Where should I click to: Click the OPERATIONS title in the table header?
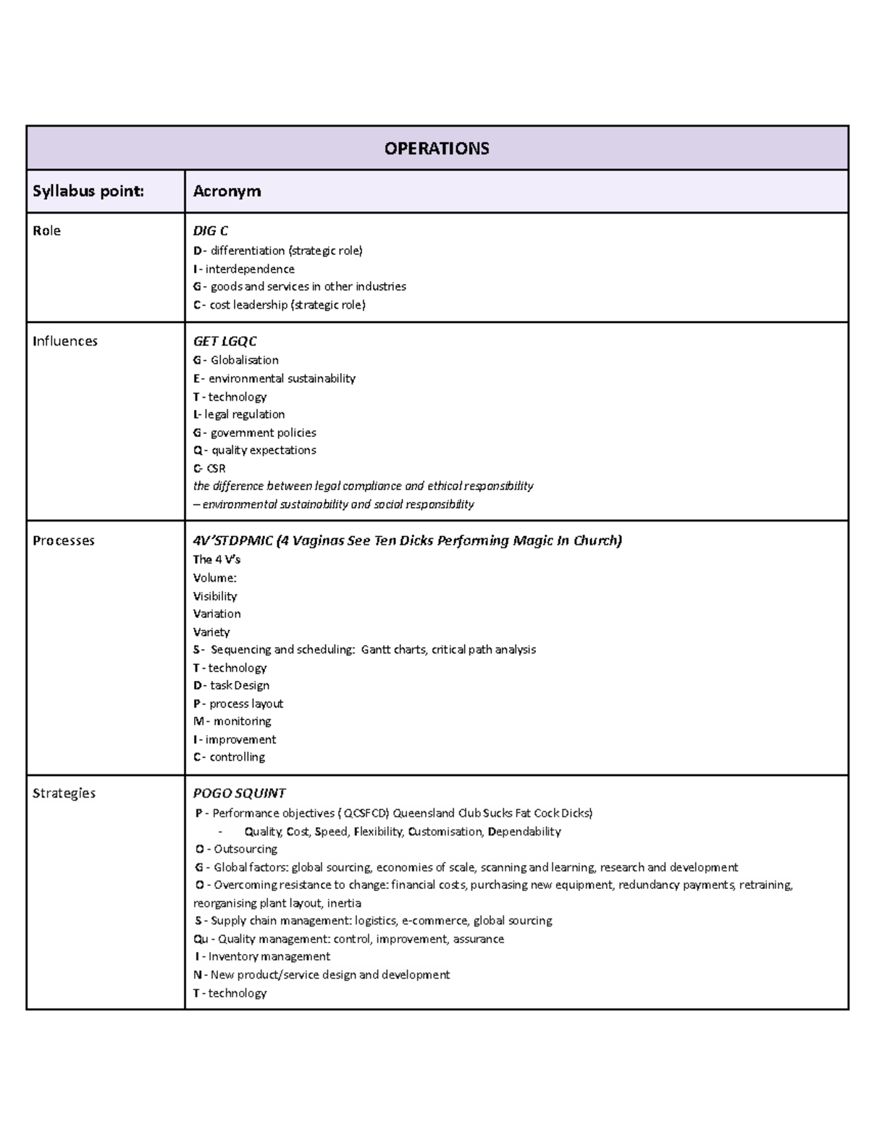[x=437, y=149]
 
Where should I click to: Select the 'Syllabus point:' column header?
[x=88, y=191]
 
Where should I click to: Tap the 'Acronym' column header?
[x=227, y=191]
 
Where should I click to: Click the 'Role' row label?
[x=46, y=231]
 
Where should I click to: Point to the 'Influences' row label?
[x=64, y=341]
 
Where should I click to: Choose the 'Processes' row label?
[x=63, y=540]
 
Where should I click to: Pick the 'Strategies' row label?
[x=64, y=793]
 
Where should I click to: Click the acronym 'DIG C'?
[x=210, y=231]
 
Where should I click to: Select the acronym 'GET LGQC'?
[x=224, y=341]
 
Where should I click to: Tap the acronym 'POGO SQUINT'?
[x=239, y=793]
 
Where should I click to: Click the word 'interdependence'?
[x=250, y=269]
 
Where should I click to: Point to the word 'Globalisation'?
[x=244, y=360]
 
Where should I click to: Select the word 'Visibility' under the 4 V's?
[x=214, y=596]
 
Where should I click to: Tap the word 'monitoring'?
[x=242, y=722]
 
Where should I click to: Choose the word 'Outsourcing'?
[x=245, y=849]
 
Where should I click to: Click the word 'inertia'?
[x=344, y=903]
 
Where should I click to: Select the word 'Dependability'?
[x=524, y=832]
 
